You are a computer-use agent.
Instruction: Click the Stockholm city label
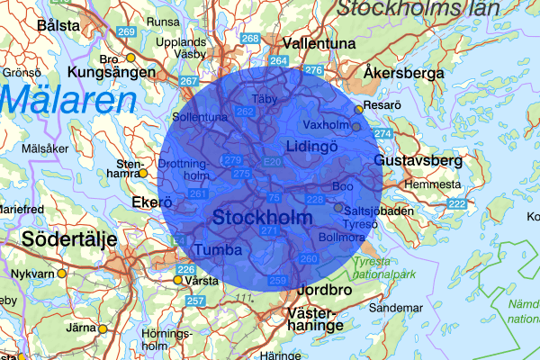point(262,218)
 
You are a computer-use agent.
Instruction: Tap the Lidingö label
point(310,146)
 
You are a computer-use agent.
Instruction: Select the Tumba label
point(219,249)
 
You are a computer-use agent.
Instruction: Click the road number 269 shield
point(126,31)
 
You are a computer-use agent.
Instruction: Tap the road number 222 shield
point(456,205)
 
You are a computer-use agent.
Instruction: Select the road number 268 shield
point(251,39)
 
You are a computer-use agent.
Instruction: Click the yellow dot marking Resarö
point(359,109)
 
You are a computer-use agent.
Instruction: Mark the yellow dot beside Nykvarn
point(61,273)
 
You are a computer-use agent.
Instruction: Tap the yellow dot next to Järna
point(102,328)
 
